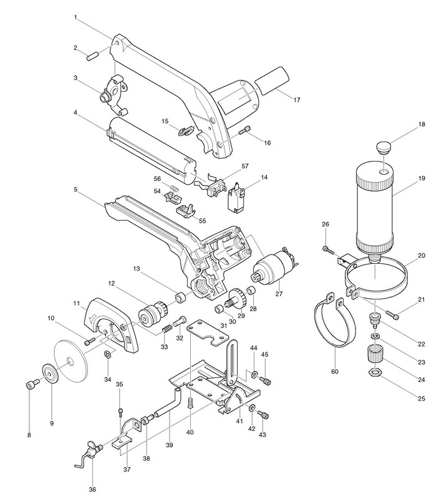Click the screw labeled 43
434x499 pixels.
[264, 415]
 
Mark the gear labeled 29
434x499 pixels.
[237, 296]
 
